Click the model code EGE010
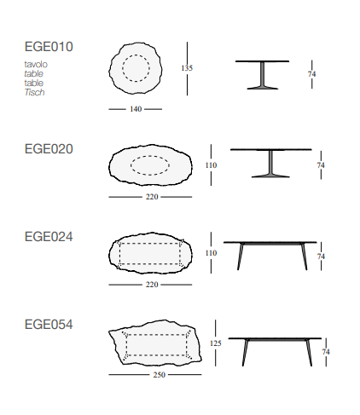[x=49, y=47]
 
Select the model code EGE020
[x=49, y=149]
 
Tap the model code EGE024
[x=49, y=237]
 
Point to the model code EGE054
[x=49, y=325]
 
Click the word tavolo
[x=36, y=64]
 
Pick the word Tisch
[x=34, y=92]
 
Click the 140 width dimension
[x=136, y=109]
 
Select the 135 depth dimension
[x=187, y=68]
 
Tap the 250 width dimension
[x=160, y=375]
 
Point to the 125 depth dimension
[x=215, y=343]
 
